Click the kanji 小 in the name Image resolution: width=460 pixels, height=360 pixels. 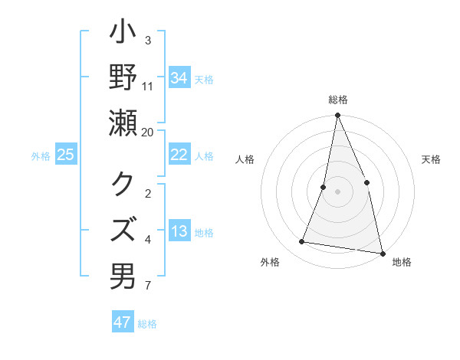(x=123, y=36)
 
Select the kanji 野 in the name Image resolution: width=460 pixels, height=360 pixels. (x=123, y=78)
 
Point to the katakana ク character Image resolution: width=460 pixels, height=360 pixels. (x=123, y=185)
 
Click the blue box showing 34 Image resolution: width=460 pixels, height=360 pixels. (x=179, y=78)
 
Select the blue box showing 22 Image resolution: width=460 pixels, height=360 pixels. (x=179, y=155)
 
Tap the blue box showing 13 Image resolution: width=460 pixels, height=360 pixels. (x=179, y=232)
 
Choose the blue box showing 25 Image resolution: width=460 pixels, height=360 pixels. (x=65, y=155)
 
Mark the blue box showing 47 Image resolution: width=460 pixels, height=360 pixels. (x=122, y=322)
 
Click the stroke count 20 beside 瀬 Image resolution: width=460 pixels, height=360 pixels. (x=148, y=132)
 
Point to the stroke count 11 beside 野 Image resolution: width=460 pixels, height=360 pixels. (x=148, y=86)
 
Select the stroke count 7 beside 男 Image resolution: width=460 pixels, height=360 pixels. (x=148, y=286)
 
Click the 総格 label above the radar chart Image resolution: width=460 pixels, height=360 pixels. (x=338, y=100)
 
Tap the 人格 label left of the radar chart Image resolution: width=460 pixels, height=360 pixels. (x=245, y=159)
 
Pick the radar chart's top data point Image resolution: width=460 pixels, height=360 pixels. (x=337, y=116)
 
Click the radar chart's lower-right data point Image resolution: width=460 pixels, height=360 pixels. (x=382, y=252)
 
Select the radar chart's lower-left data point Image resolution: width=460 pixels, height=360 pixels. (x=302, y=242)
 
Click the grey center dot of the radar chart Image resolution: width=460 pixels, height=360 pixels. (x=337, y=191)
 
